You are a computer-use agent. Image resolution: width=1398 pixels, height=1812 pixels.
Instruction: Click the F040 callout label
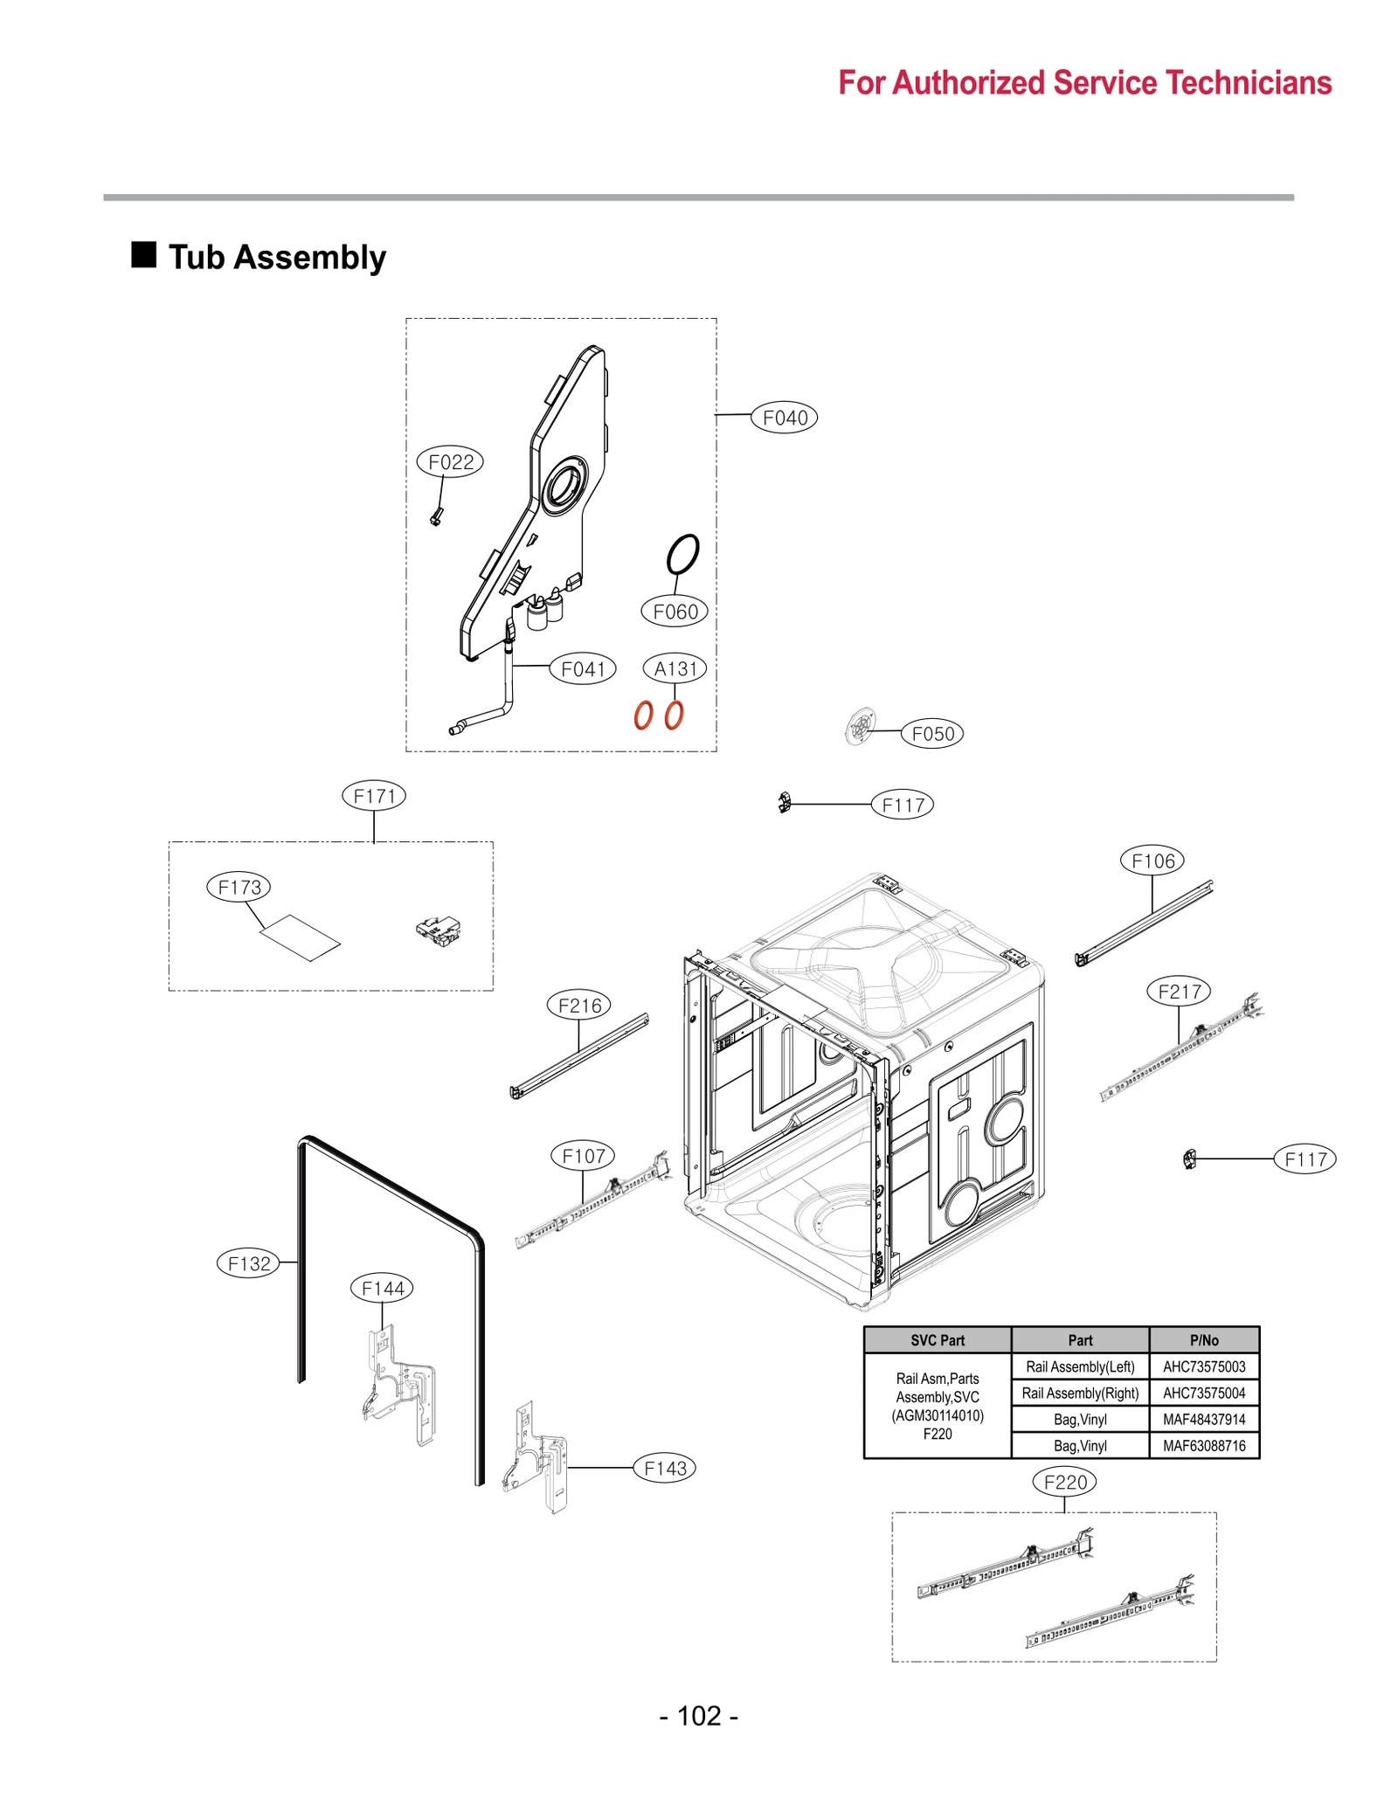click(784, 418)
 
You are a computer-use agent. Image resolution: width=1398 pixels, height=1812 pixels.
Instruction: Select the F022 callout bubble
click(450, 461)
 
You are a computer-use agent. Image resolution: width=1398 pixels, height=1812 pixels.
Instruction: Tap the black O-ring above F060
click(682, 554)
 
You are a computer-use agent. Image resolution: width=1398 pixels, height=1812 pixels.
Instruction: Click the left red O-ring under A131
click(643, 715)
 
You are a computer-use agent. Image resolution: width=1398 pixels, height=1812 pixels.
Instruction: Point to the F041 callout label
click(582, 669)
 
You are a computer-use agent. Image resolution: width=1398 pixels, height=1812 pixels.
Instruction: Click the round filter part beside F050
click(861, 726)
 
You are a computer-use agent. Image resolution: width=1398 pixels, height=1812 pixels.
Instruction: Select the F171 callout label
click(374, 796)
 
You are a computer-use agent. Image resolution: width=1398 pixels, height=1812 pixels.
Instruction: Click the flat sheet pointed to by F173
click(300, 937)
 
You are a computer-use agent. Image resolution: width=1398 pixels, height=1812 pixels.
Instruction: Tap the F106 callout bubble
click(1152, 861)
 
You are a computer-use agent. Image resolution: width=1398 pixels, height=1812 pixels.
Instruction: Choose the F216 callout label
click(578, 1006)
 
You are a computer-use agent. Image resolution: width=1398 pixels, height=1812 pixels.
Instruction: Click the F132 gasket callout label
click(249, 1263)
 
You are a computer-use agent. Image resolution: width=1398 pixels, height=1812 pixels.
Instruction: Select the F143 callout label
click(664, 1469)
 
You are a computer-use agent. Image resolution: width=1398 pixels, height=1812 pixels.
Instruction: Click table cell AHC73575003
click(1203, 1366)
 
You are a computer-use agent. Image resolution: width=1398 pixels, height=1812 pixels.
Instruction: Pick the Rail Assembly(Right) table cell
click(1080, 1393)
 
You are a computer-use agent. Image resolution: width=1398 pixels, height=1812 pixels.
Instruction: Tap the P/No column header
click(1203, 1340)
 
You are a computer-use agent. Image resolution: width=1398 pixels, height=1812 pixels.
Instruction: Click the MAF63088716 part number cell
click(1203, 1445)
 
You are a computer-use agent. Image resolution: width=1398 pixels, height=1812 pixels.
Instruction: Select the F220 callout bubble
click(1064, 1482)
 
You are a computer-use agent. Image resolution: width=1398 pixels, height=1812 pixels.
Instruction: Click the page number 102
click(698, 1716)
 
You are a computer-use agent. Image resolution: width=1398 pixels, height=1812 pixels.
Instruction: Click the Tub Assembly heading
click(276, 258)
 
